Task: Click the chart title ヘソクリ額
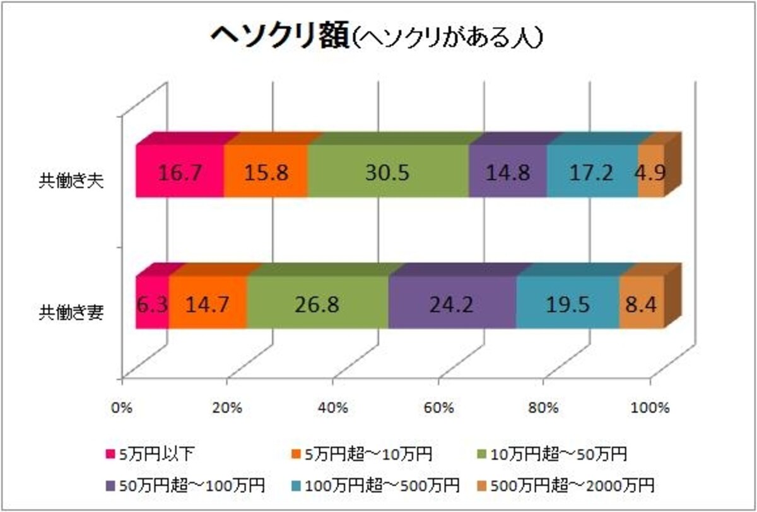280,37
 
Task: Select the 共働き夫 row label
71,182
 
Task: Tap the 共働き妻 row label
71,313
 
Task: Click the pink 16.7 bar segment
180,171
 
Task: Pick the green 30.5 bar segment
389,171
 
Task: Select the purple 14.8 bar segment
508,171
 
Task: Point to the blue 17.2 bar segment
592,171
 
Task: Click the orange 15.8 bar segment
266,171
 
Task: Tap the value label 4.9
650,173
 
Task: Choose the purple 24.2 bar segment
452,302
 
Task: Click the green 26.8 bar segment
318,302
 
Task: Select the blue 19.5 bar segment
568,302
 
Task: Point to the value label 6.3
153,305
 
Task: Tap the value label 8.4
641,305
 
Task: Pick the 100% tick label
650,408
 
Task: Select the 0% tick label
122,408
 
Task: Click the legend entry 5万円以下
150,454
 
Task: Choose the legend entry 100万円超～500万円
375,486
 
